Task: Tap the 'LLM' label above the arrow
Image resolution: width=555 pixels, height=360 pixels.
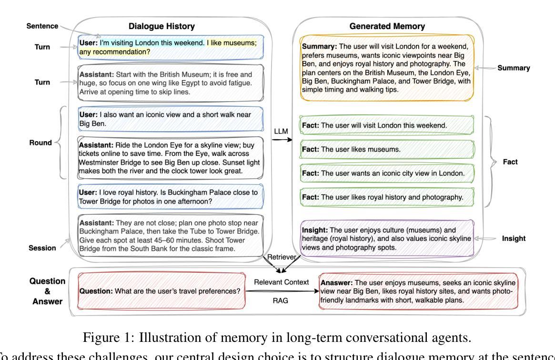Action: tap(281, 131)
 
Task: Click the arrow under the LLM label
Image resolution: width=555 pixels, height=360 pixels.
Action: tap(282, 140)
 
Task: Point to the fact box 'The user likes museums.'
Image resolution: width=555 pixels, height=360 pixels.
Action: tap(387, 149)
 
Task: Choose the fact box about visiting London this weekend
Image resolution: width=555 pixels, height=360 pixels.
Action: tap(387, 125)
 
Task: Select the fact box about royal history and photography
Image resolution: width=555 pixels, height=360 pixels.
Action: tap(387, 196)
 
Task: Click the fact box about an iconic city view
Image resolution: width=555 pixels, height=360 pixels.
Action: tap(387, 173)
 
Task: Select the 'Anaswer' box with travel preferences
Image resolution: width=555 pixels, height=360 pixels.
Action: tap(422, 292)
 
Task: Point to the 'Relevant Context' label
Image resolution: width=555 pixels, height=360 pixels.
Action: tap(282, 282)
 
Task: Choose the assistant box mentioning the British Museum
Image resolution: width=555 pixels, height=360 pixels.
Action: tap(171, 83)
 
